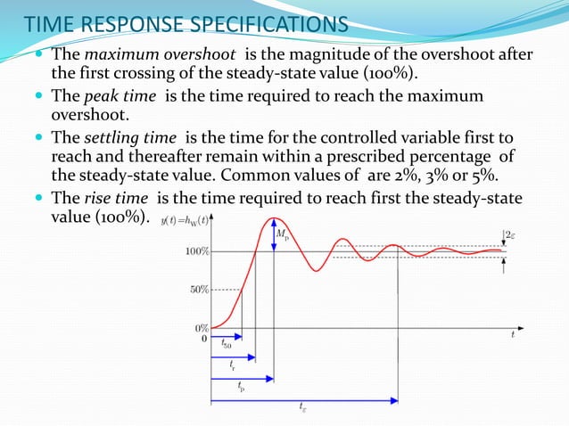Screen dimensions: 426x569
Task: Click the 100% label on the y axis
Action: [197, 251]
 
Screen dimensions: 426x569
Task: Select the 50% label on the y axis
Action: [200, 290]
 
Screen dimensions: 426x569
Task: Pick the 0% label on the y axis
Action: [202, 328]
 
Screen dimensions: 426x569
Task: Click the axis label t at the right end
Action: [513, 335]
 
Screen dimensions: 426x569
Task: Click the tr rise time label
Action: [233, 366]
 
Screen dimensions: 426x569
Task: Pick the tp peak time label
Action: [241, 387]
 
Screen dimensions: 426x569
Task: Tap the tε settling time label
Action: [303, 408]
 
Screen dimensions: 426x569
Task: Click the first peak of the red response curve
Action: [276, 218]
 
